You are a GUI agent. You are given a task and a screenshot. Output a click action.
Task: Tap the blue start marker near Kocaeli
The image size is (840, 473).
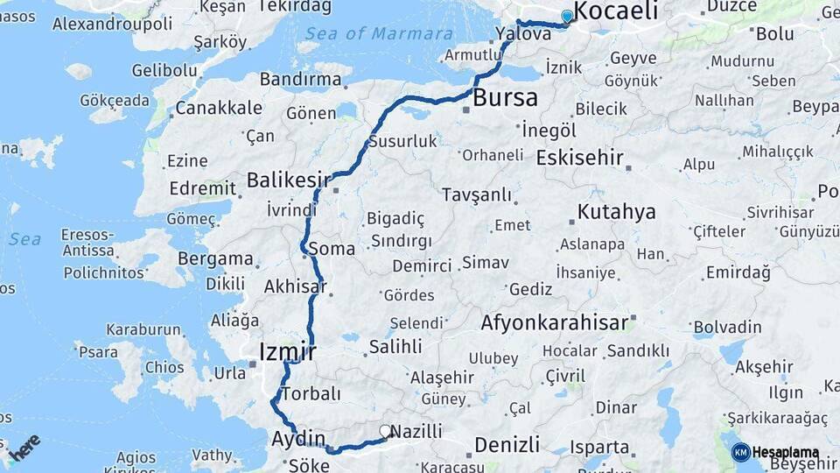click(x=567, y=16)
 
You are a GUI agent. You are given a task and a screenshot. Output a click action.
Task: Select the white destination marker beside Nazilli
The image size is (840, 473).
click(x=384, y=431)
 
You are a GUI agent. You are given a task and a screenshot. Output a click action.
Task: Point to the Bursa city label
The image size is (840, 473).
click(x=505, y=98)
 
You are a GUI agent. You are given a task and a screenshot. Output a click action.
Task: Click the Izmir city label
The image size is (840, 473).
click(x=287, y=352)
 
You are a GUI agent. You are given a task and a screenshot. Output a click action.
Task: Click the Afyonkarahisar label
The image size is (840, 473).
click(x=554, y=322)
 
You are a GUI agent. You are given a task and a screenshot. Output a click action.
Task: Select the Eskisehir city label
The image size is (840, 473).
click(x=579, y=159)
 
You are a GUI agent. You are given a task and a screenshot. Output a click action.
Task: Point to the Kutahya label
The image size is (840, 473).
click(x=617, y=212)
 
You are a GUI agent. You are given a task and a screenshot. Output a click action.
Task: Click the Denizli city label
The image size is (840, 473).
click(x=507, y=445)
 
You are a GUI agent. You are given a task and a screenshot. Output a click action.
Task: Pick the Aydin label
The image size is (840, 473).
click(x=298, y=439)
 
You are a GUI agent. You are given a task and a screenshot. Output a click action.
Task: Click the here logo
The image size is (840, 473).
click(x=24, y=447)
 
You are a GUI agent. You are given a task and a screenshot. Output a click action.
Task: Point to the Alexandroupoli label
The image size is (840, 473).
click(x=112, y=24)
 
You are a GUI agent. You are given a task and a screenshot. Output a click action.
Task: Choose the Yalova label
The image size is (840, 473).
click(x=522, y=33)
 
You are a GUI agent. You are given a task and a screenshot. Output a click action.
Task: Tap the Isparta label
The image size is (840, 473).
click(x=599, y=447)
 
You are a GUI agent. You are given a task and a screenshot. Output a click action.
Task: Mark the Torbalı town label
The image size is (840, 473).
click(x=311, y=393)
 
